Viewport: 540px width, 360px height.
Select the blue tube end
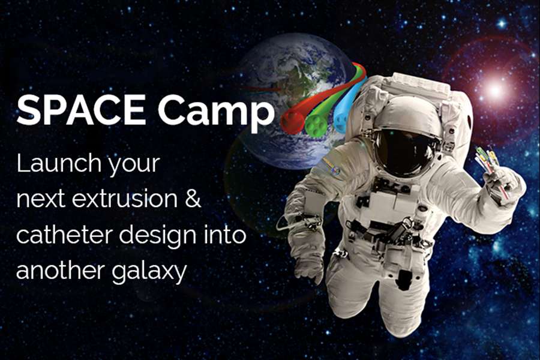click(341, 119)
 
